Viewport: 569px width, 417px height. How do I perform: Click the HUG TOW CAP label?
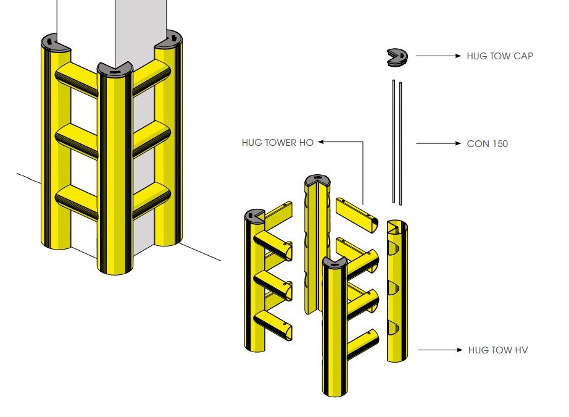click(x=500, y=56)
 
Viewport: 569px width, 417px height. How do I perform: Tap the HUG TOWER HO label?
click(x=278, y=143)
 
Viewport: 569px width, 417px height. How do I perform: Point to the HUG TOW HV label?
click(x=498, y=350)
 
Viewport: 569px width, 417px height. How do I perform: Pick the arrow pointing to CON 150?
click(x=439, y=144)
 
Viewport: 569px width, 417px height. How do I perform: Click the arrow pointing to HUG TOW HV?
click(x=439, y=350)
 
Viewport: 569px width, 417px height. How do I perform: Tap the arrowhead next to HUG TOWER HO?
click(x=322, y=143)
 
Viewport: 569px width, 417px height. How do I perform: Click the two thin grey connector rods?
click(x=397, y=142)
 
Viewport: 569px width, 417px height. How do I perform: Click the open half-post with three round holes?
click(x=396, y=290)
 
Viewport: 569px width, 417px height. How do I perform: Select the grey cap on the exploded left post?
click(x=254, y=216)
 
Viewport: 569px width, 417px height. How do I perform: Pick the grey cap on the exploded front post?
click(x=334, y=263)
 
